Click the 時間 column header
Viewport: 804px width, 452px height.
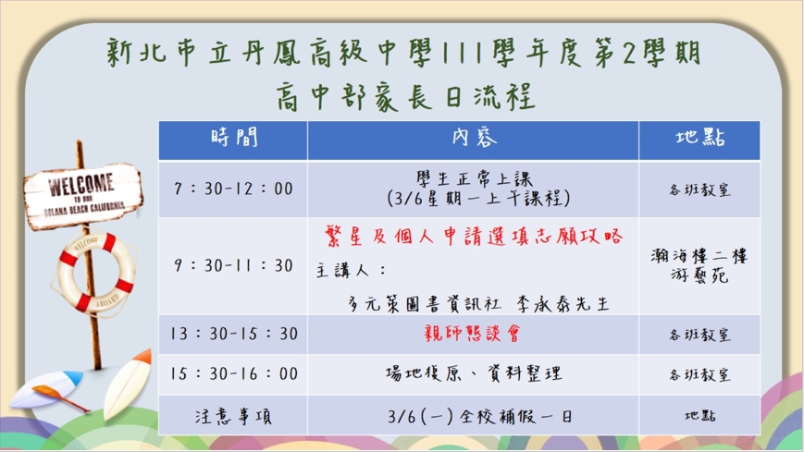(234, 138)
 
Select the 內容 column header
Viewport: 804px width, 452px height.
(475, 138)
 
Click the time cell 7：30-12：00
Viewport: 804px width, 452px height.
(233, 189)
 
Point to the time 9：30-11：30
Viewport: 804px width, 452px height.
(233, 265)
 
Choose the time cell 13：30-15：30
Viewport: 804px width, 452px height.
(234, 334)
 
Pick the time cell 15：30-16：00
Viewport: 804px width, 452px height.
(234, 373)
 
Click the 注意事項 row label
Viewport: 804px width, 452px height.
(233, 416)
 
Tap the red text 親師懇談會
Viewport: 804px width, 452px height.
(473, 334)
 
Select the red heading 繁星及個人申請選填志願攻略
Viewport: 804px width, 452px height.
(474, 237)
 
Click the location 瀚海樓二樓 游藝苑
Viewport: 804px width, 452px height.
(699, 265)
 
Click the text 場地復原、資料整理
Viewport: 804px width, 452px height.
(474, 373)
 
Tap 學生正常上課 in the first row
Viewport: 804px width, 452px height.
(475, 178)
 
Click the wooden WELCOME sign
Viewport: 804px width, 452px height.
(82, 196)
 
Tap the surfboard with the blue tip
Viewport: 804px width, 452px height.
(46, 388)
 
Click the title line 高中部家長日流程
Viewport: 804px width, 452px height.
(406, 96)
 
